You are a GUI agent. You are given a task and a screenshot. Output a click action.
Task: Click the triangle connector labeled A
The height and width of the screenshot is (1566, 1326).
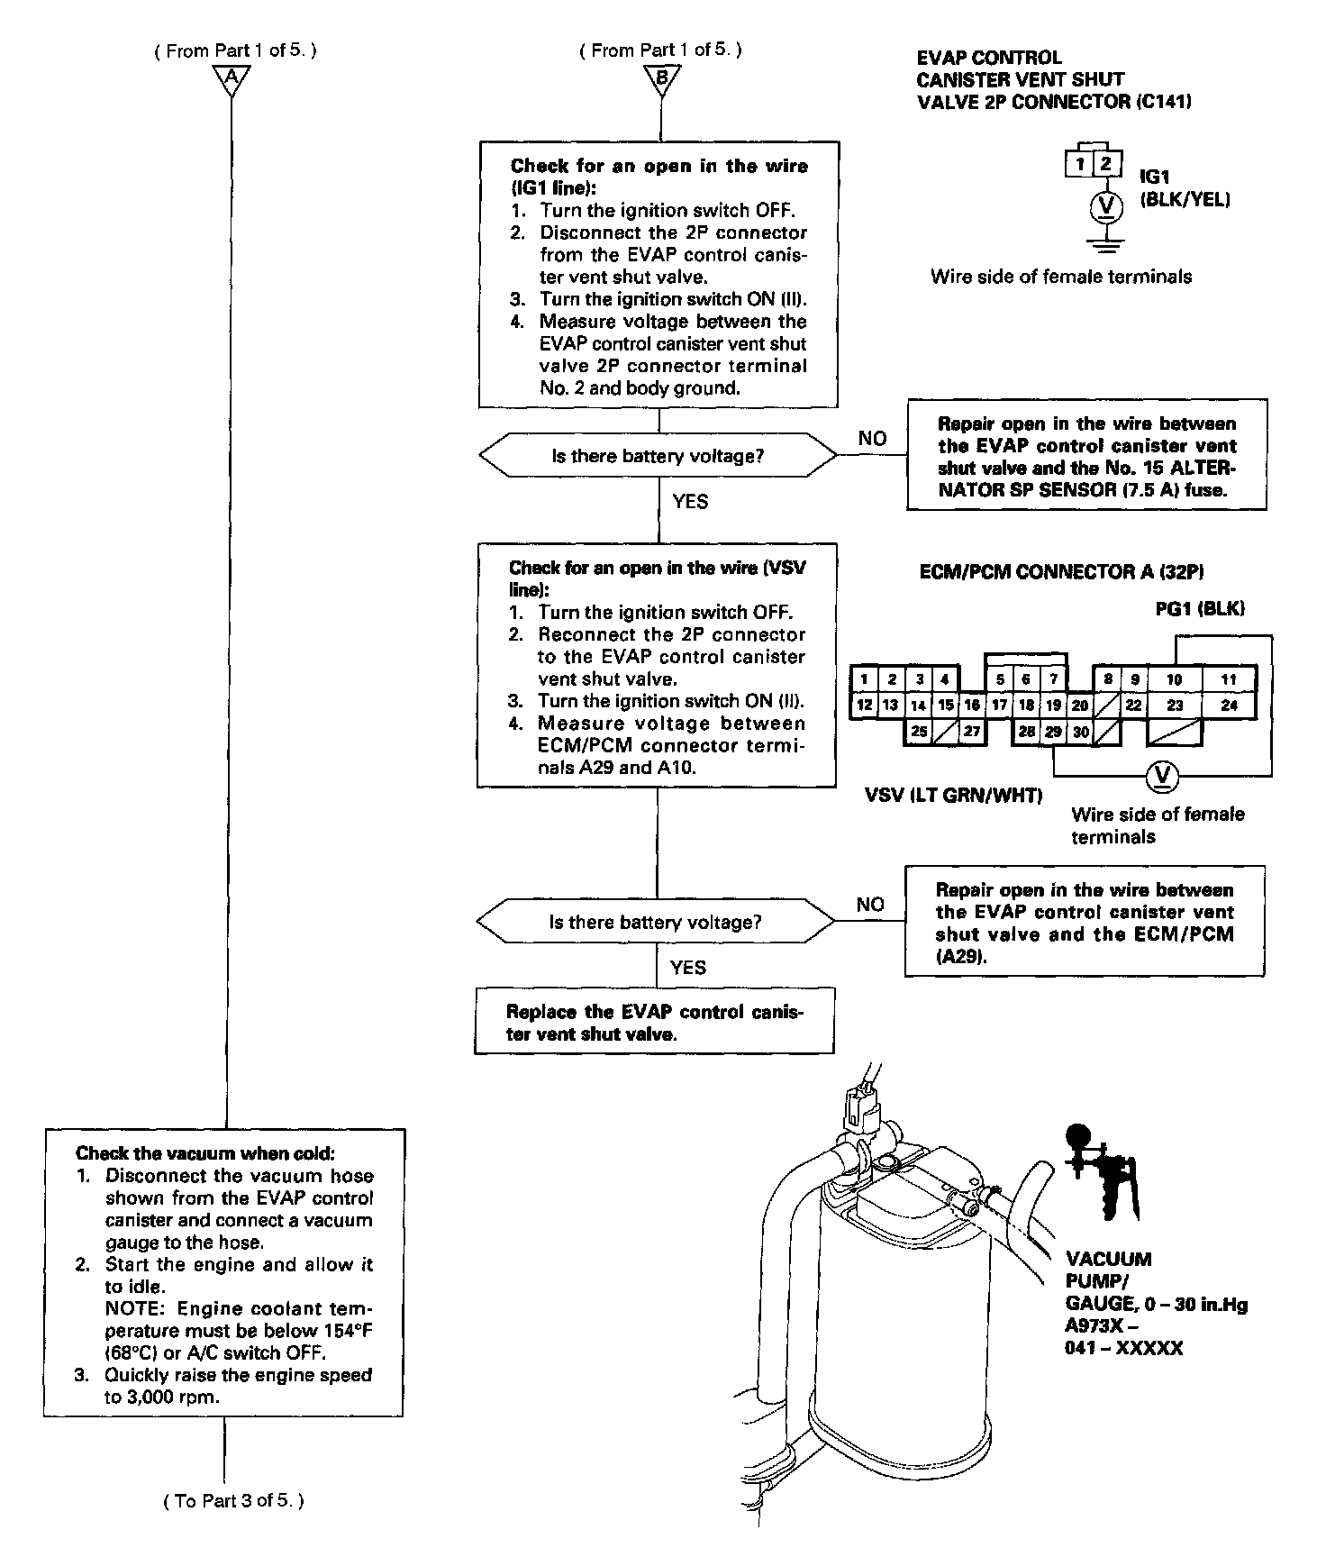click(232, 80)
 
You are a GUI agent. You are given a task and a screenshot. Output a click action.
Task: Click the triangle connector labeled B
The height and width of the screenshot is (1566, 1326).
click(661, 80)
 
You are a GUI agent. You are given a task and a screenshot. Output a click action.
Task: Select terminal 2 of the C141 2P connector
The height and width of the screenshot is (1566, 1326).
click(1107, 164)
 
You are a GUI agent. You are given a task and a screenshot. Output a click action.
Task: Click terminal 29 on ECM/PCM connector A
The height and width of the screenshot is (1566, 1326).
click(1053, 732)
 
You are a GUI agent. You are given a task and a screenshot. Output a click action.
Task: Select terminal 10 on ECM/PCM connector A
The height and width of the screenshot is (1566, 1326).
click(1174, 679)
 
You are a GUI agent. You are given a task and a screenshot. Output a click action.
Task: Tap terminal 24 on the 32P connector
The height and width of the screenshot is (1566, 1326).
click(1229, 706)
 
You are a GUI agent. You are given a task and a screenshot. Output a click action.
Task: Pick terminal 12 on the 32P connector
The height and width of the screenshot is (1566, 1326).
click(864, 706)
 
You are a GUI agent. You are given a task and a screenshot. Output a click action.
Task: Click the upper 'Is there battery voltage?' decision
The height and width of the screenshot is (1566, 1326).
click(658, 456)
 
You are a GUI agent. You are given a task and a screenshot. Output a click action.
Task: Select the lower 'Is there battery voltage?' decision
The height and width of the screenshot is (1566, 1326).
click(655, 922)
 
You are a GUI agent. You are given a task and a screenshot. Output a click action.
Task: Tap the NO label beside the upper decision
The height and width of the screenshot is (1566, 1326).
click(872, 439)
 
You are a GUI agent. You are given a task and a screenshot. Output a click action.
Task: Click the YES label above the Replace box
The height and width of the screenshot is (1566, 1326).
click(688, 968)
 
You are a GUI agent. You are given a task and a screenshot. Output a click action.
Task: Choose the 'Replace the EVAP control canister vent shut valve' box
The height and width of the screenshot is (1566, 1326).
click(655, 1022)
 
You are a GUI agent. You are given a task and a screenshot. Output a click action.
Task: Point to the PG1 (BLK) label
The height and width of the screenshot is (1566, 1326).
click(1199, 608)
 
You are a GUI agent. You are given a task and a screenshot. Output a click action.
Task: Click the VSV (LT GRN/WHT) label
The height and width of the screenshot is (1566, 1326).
click(953, 795)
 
